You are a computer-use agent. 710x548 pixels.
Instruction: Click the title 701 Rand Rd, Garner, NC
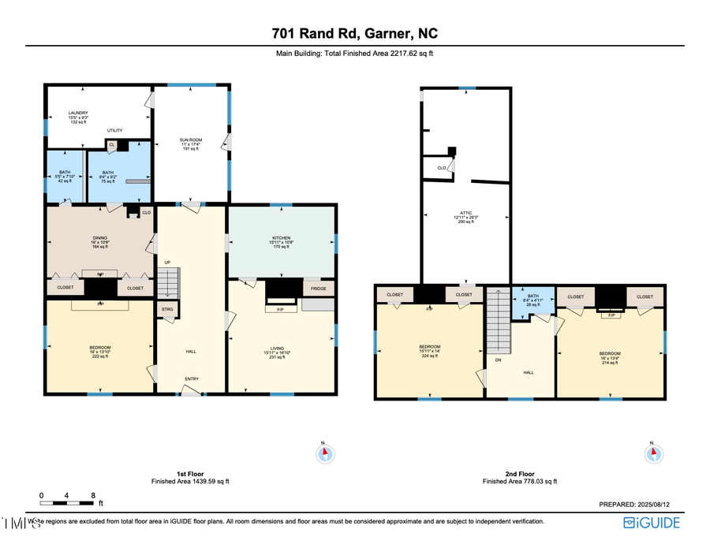pyautogui.click(x=354, y=34)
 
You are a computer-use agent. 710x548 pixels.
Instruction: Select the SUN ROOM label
pyautogui.click(x=191, y=144)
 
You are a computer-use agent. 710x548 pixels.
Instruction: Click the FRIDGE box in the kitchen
pyautogui.click(x=319, y=289)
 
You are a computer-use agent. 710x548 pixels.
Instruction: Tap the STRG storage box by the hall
pyautogui.click(x=167, y=310)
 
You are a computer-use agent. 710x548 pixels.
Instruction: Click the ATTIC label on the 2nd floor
pyautogui.click(x=466, y=217)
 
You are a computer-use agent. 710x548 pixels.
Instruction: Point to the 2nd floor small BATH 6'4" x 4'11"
pyautogui.click(x=532, y=300)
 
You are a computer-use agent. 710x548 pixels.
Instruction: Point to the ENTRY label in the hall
pyautogui.click(x=192, y=379)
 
